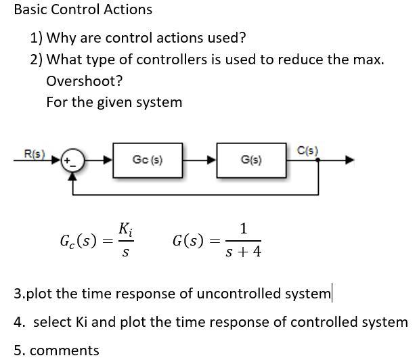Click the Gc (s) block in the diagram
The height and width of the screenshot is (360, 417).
click(x=147, y=160)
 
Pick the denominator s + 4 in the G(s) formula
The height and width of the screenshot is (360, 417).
click(x=244, y=252)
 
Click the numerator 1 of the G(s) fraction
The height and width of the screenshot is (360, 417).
click(x=244, y=228)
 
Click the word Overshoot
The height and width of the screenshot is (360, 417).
click(x=84, y=81)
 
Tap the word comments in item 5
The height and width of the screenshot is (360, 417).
click(x=65, y=350)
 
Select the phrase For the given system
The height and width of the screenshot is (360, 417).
click(x=114, y=102)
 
